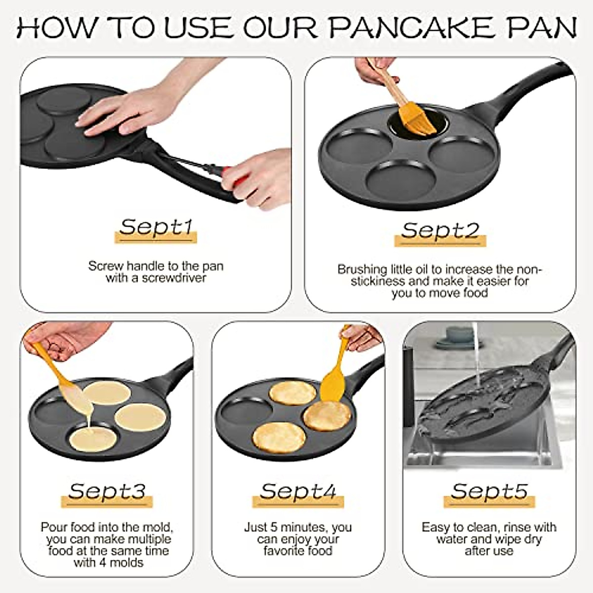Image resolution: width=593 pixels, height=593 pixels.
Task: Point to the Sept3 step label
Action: tap(107, 491)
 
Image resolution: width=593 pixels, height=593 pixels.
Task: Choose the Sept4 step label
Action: tap(298, 491)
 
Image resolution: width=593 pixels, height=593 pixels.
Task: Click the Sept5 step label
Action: tap(489, 491)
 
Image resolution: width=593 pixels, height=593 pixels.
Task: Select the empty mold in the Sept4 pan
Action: tap(243, 410)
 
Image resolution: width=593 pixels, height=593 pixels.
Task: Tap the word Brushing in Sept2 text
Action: tap(362, 270)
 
